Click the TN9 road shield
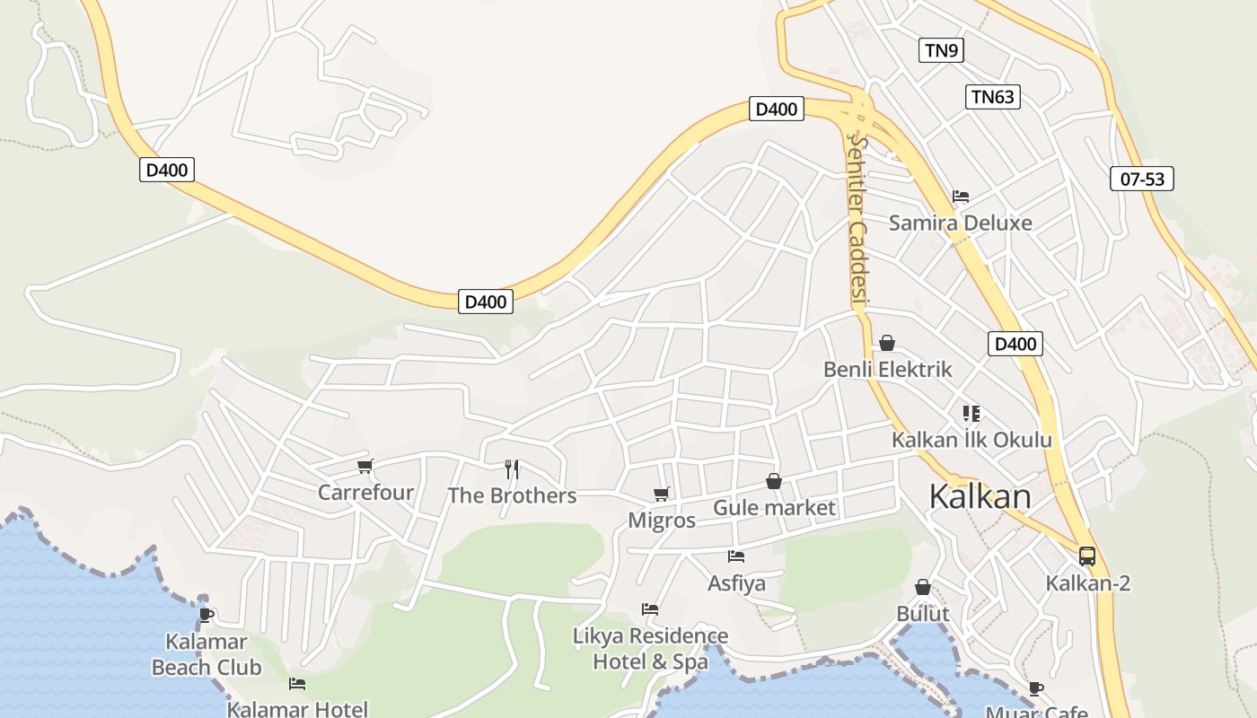click(x=941, y=50)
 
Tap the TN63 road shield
click(x=993, y=97)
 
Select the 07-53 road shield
click(x=1142, y=179)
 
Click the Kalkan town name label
click(x=980, y=496)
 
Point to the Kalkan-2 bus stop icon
click(x=1087, y=556)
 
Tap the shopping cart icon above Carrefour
click(x=365, y=466)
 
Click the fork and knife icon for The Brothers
click(x=512, y=468)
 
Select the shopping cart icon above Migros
click(x=662, y=494)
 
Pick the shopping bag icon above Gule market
click(x=774, y=482)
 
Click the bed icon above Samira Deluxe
click(x=961, y=196)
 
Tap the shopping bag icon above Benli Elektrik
click(x=887, y=343)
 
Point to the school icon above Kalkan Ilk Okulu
click(x=971, y=414)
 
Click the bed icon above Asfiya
click(x=736, y=556)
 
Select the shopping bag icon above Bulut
click(x=923, y=587)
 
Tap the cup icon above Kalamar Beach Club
click(x=207, y=615)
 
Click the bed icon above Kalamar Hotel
click(x=297, y=684)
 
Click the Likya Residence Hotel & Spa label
click(x=651, y=649)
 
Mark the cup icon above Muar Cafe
click(x=1036, y=689)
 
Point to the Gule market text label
click(x=774, y=508)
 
